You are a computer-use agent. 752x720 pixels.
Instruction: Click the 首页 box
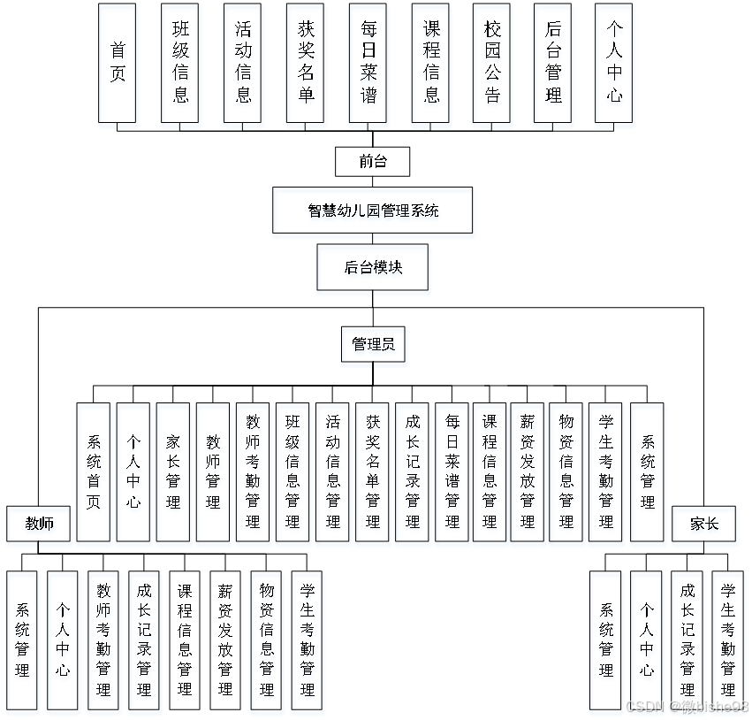[118, 63]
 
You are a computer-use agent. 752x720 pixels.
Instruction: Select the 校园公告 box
[491, 63]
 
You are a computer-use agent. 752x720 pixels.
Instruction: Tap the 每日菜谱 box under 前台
[368, 63]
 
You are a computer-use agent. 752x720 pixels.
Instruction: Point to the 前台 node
[373, 161]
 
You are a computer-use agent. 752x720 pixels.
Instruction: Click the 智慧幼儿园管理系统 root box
[372, 211]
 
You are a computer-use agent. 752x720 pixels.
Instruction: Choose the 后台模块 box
[373, 267]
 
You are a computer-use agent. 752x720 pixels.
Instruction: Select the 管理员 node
[373, 344]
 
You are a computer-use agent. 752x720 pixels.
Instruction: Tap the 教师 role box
[38, 524]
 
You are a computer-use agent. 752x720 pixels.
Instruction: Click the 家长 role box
[704, 524]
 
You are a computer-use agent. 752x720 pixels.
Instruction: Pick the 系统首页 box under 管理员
[94, 471]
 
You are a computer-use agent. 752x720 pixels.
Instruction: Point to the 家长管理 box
[173, 471]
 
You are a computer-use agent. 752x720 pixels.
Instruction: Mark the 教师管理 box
[213, 471]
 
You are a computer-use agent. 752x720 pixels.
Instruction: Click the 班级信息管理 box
[292, 471]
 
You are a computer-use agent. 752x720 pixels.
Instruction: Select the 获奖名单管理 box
[372, 471]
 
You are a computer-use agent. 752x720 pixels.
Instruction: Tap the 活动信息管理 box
[332, 471]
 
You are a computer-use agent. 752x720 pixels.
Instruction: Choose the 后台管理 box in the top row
[554, 63]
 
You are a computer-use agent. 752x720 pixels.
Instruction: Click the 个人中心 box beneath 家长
[647, 640]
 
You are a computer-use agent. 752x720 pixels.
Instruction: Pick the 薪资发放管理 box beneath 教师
[225, 640]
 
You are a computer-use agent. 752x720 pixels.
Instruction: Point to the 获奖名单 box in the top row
[306, 63]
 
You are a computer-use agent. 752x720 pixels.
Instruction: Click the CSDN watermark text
[687, 706]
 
